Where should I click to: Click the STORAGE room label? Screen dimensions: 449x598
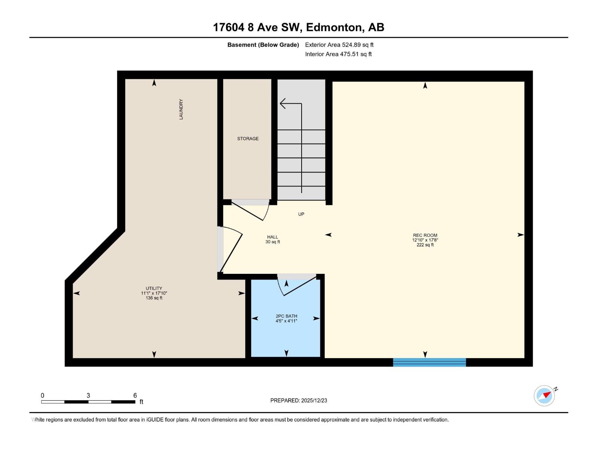coord(248,138)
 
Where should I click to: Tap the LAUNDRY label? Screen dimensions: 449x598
coord(181,109)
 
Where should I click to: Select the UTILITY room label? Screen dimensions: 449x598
coord(154,288)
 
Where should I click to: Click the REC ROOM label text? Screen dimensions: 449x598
coord(425,235)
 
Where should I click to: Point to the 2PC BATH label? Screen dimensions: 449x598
coord(286,316)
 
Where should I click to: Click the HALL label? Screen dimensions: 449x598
coord(272,237)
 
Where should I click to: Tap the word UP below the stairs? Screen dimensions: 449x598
coord(301,214)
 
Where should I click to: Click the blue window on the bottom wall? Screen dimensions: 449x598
coord(429,362)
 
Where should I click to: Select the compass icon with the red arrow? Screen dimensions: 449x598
coord(545,395)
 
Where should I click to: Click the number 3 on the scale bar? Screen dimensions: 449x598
coord(88,395)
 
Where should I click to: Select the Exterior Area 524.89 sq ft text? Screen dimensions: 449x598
coord(339,45)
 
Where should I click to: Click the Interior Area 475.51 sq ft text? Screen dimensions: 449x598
coord(338,54)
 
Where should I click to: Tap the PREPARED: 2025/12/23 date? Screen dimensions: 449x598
coord(299,400)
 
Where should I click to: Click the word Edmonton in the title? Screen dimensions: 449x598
coord(334,27)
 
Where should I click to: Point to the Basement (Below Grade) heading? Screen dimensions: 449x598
coord(263,45)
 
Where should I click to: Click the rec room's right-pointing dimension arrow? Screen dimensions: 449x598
coord(520,235)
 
